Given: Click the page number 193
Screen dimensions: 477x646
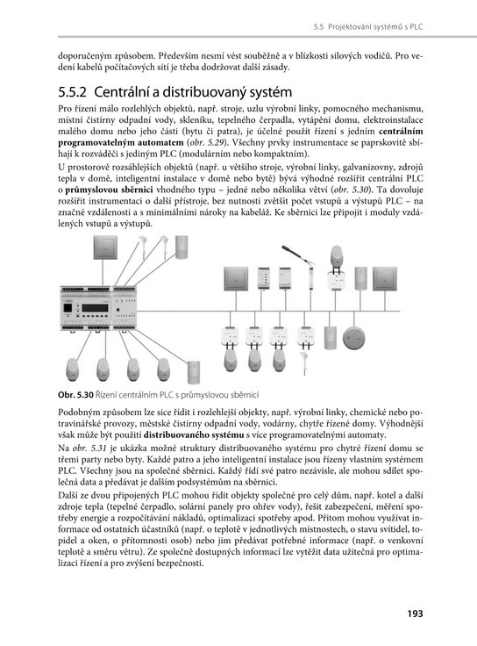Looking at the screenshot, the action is pyautogui.click(x=415, y=614).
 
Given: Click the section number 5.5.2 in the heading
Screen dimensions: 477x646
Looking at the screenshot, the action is pyautogui.click(x=73, y=92).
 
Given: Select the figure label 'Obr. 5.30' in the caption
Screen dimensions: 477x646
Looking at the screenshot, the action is pyautogui.click(x=76, y=395).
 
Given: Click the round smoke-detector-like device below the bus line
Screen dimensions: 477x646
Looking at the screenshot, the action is pyautogui.click(x=353, y=338).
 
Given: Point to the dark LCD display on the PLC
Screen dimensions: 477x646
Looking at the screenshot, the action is pyautogui.click(x=95, y=308).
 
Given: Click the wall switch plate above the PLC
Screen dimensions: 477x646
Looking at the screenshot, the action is pyautogui.click(x=105, y=248).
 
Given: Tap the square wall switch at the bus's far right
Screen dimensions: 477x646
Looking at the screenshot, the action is pyautogui.click(x=385, y=279).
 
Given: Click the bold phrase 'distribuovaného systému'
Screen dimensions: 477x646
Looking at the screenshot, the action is pyautogui.click(x=194, y=435).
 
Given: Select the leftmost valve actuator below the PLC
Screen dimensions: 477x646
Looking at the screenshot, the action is pyautogui.click(x=73, y=370).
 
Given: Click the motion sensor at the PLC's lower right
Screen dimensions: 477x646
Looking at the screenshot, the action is pyautogui.click(x=194, y=372).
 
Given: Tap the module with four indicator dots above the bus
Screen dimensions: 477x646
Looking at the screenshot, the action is pyautogui.click(x=263, y=278).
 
